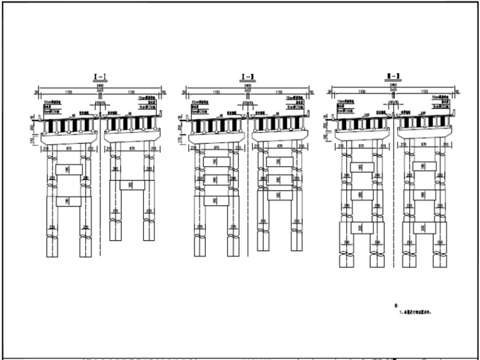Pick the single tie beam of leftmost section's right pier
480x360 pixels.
coord(131,185)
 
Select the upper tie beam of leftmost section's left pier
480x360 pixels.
coord(69,169)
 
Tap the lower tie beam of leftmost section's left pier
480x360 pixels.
coord(69,201)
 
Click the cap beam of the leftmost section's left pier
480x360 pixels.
coord(69,138)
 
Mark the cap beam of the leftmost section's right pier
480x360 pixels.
coord(131,138)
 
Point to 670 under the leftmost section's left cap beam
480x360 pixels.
coord(69,149)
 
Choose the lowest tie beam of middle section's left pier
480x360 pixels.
coord(217,201)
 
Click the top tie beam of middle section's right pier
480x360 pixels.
coord(279,162)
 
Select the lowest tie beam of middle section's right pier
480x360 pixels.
coord(279,195)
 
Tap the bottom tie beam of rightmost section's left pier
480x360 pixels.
coord(362,227)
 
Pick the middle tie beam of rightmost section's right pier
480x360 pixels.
coord(424,195)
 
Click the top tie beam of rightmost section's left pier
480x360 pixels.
coord(362,167)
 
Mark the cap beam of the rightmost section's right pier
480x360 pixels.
coord(424,138)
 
